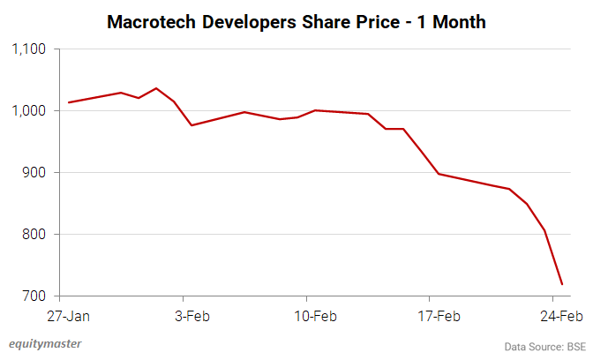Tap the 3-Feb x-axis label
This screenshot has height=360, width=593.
point(191,315)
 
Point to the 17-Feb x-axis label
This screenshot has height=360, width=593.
point(438,315)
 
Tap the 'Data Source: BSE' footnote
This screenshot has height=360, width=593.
point(544,346)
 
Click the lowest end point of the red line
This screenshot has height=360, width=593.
point(562,284)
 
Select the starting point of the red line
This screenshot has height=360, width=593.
point(69,102)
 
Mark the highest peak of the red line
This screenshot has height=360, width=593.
point(156,88)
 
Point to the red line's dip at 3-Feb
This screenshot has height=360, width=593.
point(191,125)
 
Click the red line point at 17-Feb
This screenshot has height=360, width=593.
point(439,174)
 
